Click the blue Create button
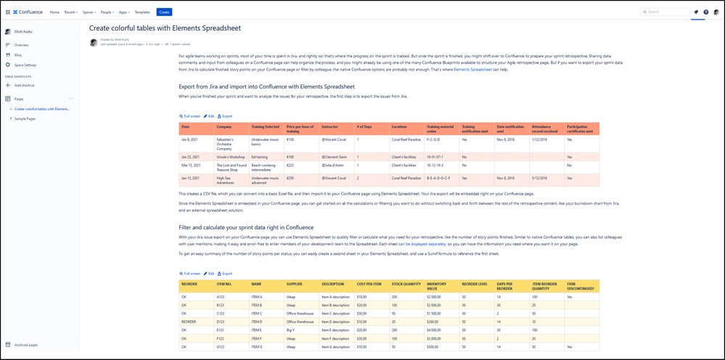pyautogui.click(x=164, y=12)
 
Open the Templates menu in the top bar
pyautogui.click(x=142, y=12)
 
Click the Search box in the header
pyautogui.click(x=663, y=12)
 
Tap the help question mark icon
pyautogui.click(x=705, y=12)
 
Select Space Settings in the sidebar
pyautogui.click(x=25, y=65)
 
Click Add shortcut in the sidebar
pyautogui.click(x=27, y=85)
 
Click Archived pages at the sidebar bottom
pyautogui.click(x=26, y=345)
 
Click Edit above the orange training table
pyautogui.click(x=209, y=116)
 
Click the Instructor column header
pyautogui.click(x=330, y=127)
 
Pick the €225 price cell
pyautogui.click(x=291, y=165)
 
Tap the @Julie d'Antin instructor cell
pyautogui.click(x=332, y=165)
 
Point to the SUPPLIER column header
pyautogui.click(x=294, y=285)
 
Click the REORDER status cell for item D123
pyautogui.click(x=189, y=321)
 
